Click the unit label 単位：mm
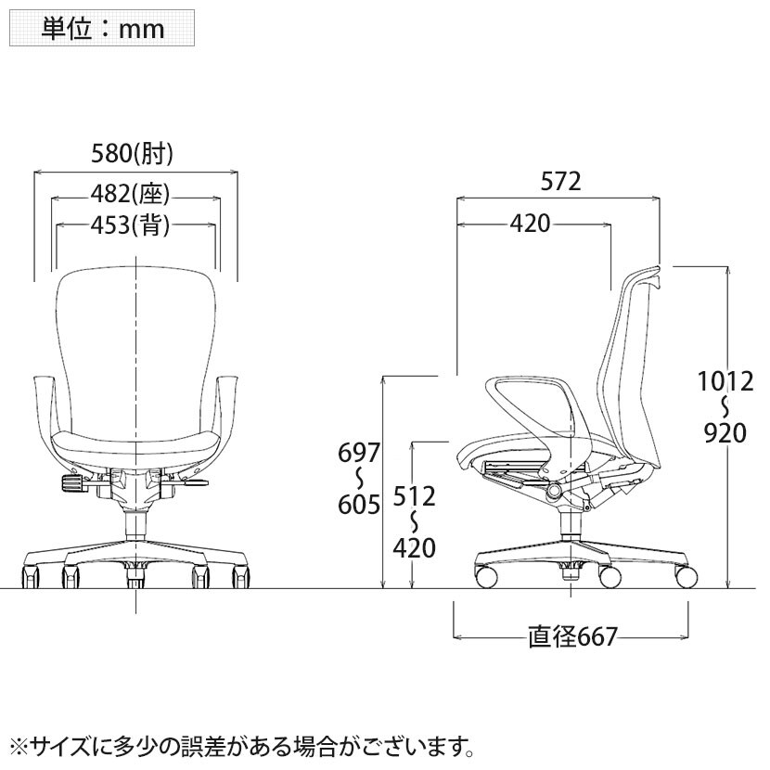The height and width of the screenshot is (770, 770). point(102,29)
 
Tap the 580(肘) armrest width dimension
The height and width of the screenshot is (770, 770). point(132,153)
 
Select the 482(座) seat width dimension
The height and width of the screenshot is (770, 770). point(130,194)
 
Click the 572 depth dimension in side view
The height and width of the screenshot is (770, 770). point(561,181)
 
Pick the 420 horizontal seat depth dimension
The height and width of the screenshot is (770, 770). point(530,224)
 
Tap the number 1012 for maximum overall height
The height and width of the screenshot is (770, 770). point(725,381)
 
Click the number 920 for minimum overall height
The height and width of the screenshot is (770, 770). point(725,432)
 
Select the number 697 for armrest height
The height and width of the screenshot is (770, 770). point(359,453)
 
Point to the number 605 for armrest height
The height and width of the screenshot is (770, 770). point(359,505)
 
